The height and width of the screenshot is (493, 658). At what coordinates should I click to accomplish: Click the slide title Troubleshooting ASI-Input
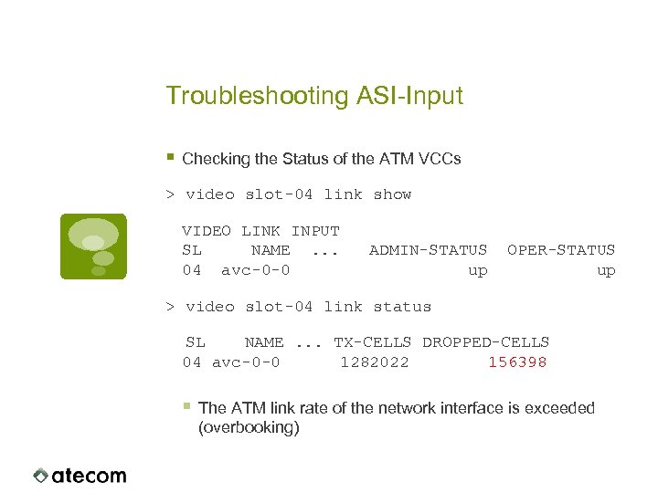click(x=314, y=96)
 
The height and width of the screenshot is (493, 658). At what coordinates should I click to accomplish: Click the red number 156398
click(x=517, y=362)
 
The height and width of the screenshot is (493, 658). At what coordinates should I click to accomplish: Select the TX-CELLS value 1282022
click(x=375, y=362)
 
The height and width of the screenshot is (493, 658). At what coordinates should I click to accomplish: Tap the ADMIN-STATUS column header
click(x=428, y=250)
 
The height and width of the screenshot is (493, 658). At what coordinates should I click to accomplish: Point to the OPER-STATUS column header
click(x=561, y=250)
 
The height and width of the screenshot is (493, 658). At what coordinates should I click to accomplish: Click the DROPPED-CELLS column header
click(x=485, y=342)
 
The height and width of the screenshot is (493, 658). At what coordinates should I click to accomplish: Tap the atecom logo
click(x=80, y=475)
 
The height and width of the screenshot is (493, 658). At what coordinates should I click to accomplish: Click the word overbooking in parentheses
click(x=249, y=427)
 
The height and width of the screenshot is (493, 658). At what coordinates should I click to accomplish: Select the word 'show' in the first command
click(x=392, y=194)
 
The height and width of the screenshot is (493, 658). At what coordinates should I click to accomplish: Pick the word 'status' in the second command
click(x=402, y=307)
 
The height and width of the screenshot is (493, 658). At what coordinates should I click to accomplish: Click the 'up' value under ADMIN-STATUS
click(x=477, y=270)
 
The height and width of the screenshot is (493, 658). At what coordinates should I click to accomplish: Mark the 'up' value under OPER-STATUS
click(x=606, y=270)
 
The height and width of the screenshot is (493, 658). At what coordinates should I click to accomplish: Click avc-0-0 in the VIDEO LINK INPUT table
click(x=256, y=270)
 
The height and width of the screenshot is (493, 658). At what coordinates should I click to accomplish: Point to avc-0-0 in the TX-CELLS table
click(x=246, y=362)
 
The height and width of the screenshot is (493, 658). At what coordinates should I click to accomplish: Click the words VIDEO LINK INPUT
click(x=260, y=231)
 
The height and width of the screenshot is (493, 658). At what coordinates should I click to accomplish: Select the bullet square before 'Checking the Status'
click(x=171, y=157)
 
